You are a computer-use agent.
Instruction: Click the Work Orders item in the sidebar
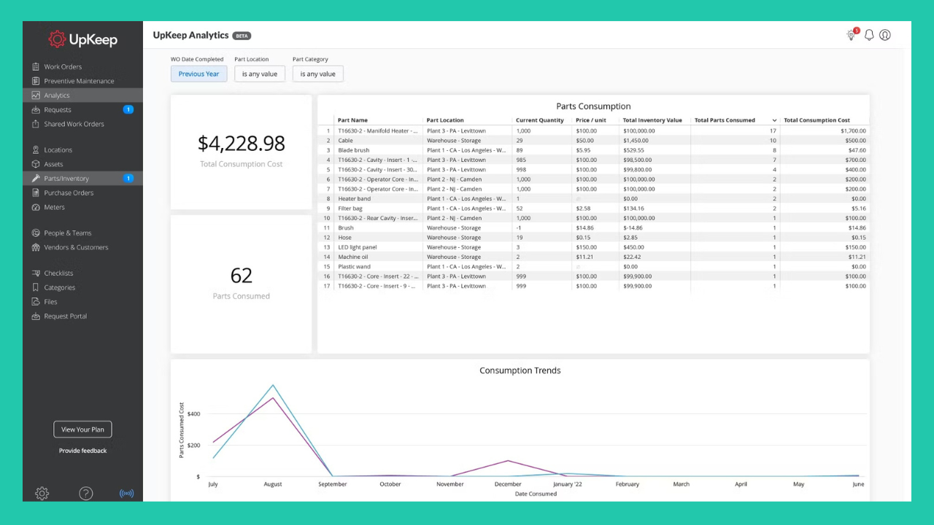(x=62, y=67)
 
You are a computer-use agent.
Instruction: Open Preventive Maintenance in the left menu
(x=78, y=81)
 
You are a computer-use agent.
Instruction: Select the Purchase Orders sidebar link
(x=68, y=193)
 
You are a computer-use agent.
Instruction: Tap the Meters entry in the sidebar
(x=54, y=207)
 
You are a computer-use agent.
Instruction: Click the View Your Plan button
(x=82, y=429)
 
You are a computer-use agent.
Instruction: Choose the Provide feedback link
(x=82, y=451)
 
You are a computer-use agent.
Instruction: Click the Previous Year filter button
(x=198, y=74)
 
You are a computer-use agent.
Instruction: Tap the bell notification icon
(x=869, y=35)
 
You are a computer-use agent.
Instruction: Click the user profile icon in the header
(x=885, y=35)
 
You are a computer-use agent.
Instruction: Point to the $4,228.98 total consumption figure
(x=241, y=143)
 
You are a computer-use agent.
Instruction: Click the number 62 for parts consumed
(x=241, y=275)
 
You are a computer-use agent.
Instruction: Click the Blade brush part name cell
(x=354, y=150)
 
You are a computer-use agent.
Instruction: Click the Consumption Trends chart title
(x=520, y=370)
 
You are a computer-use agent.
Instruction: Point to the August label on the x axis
(x=272, y=484)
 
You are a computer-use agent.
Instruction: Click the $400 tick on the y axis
(x=193, y=413)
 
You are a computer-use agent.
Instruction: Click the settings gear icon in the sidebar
(x=42, y=494)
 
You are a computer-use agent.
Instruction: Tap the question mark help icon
(x=85, y=494)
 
